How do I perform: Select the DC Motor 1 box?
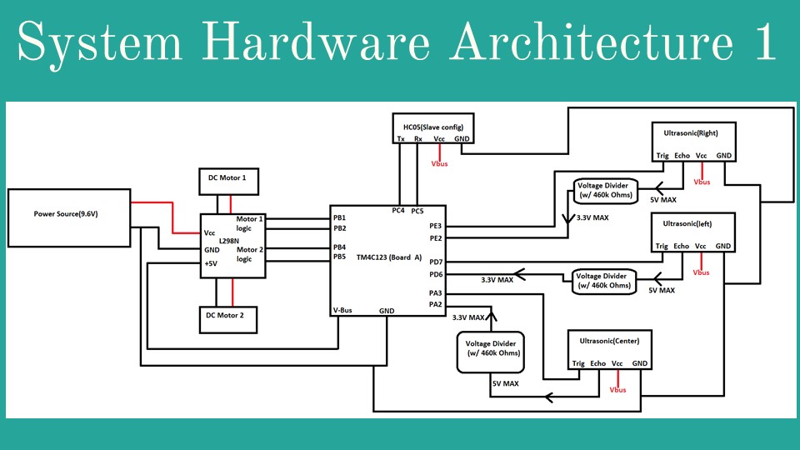click(227, 178)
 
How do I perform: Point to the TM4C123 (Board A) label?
click(389, 257)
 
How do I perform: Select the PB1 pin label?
click(340, 217)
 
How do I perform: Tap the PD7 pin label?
click(436, 262)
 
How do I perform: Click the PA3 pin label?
click(436, 293)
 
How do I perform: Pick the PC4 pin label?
click(399, 210)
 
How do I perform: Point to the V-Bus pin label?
click(342, 310)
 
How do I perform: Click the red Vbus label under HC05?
click(439, 164)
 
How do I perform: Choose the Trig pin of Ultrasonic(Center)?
click(578, 363)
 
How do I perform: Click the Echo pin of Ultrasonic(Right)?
click(682, 156)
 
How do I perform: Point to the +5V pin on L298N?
click(212, 263)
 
